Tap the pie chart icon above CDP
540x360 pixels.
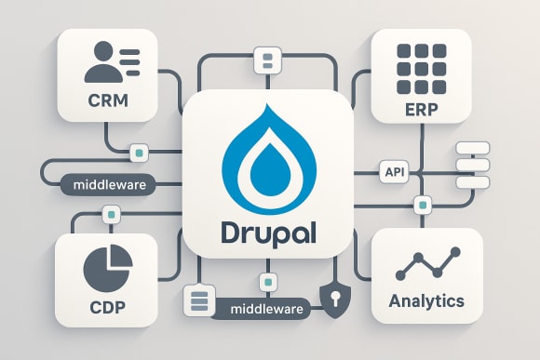[x=106, y=266]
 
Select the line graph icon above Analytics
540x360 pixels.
[x=427, y=264]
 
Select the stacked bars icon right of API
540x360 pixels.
[x=471, y=167]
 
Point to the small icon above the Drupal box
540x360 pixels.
[x=267, y=61]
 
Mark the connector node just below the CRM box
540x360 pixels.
[x=139, y=151]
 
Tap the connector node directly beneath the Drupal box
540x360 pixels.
[x=268, y=281]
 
